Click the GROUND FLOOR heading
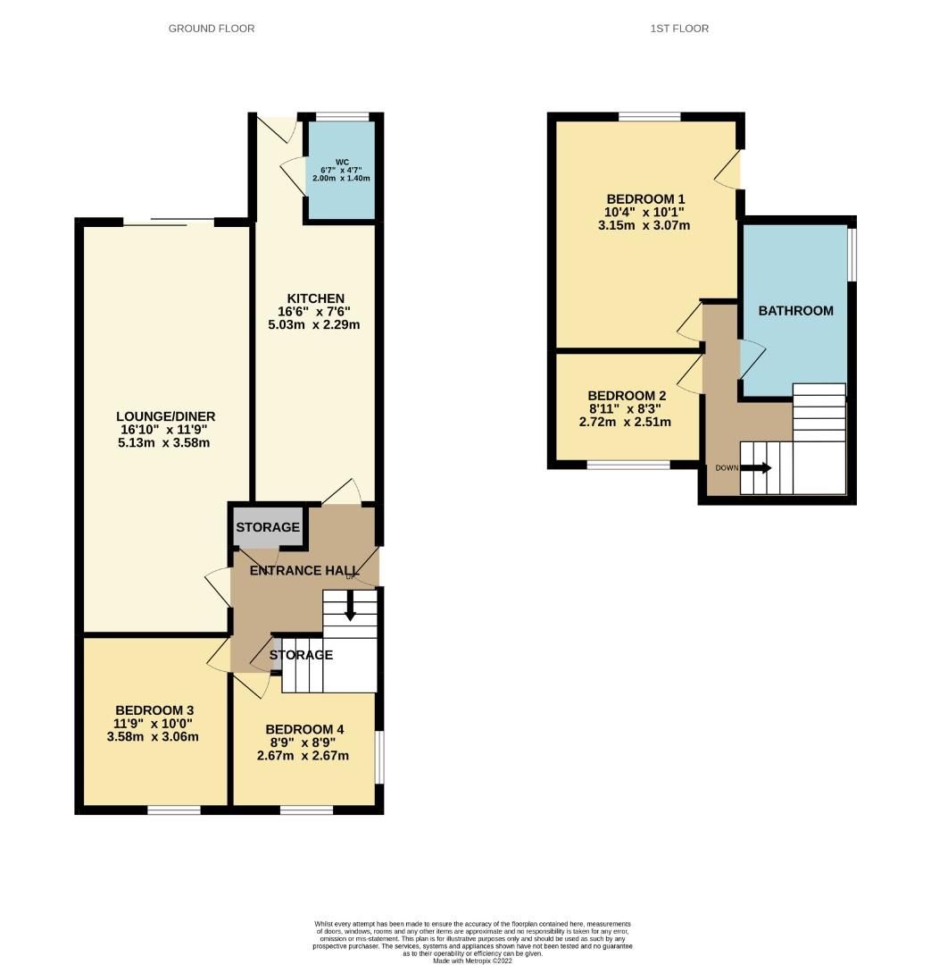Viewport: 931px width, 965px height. (212, 29)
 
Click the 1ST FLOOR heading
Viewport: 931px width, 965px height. (679, 29)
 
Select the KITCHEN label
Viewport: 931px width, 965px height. (315, 298)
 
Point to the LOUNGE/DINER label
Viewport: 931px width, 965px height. (165, 416)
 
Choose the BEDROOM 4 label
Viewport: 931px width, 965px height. (304, 729)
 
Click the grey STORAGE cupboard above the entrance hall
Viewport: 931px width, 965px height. (268, 527)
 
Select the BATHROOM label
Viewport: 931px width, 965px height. (795, 311)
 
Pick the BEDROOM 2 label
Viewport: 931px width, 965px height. (627, 396)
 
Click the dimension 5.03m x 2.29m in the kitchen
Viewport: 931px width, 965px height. (315, 324)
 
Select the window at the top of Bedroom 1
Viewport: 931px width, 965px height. (649, 116)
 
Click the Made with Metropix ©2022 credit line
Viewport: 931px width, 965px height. (472, 961)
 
